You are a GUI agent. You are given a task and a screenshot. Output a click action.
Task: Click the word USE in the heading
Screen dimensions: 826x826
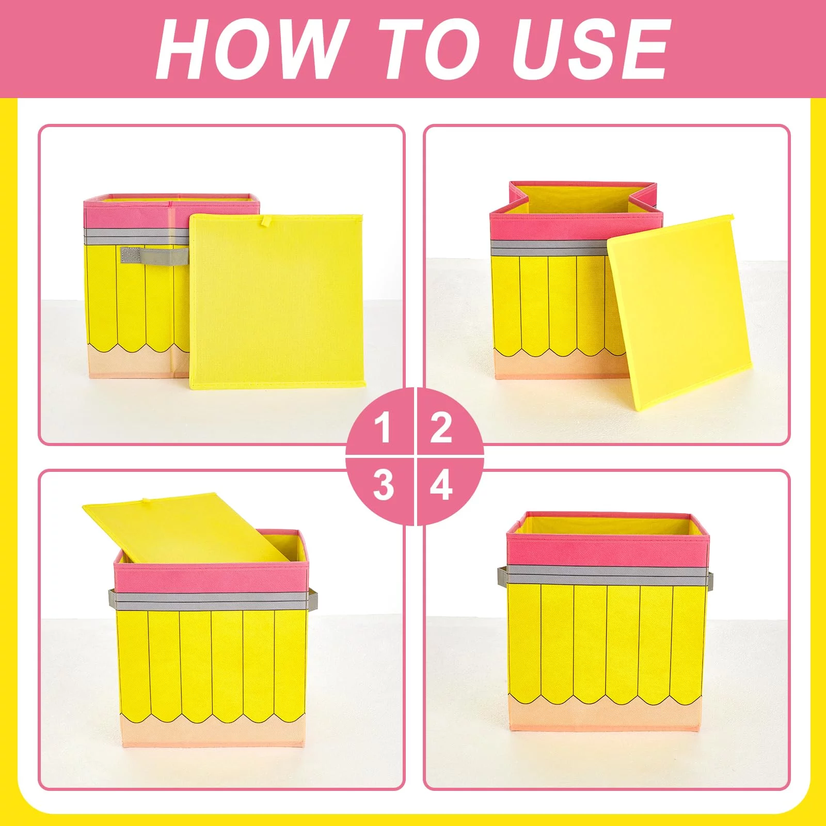(591, 49)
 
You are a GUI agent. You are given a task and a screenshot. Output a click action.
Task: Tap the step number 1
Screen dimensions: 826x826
(383, 428)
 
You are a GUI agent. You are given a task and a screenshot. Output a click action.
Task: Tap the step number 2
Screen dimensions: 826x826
(441, 428)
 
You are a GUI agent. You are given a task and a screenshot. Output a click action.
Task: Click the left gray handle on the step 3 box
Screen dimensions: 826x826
(112, 599)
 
